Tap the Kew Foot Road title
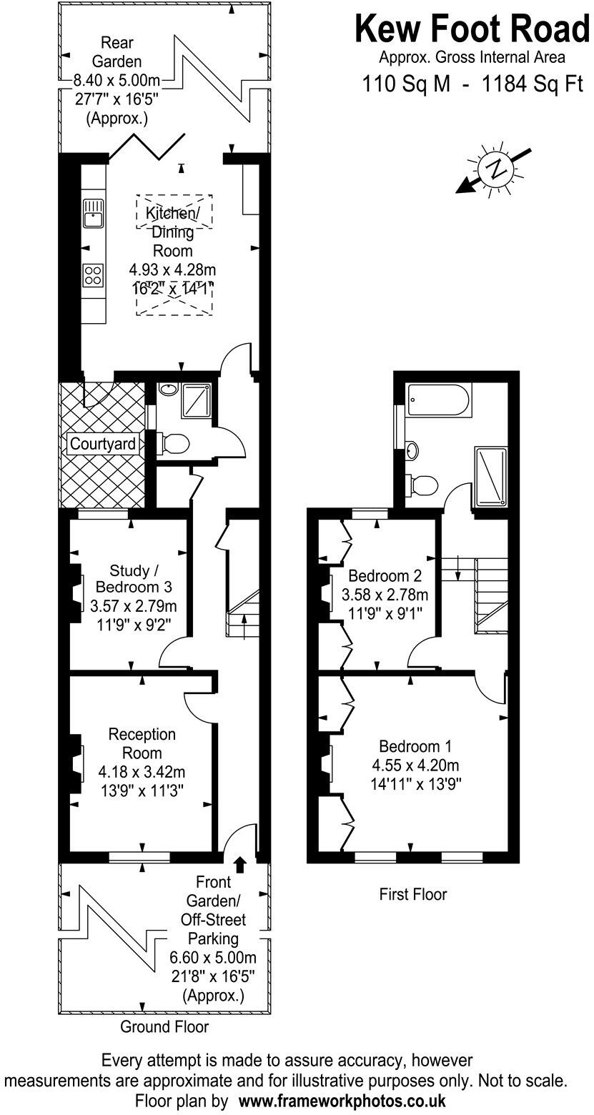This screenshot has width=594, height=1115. coord(473,30)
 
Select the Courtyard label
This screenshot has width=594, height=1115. coord(103,444)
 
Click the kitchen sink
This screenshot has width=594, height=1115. coord(94,211)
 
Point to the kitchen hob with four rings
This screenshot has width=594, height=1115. coord(94,274)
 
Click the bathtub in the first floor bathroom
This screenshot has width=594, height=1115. coord(437,400)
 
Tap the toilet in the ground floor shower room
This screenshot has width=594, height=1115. coord(174,444)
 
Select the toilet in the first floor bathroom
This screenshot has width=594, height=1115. coord(422,485)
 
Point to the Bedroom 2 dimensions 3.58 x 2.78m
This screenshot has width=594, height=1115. coord(385,595)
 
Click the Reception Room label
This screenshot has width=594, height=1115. coord(142,743)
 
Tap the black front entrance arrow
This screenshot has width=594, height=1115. coord(239,865)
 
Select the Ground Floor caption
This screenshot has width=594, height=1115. coord(164,1027)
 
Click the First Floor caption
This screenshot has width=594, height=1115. coord(413,894)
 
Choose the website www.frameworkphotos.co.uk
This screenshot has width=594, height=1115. coord(342,1100)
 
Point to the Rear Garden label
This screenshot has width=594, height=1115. coord(117,52)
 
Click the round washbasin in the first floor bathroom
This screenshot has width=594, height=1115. coord(412,450)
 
